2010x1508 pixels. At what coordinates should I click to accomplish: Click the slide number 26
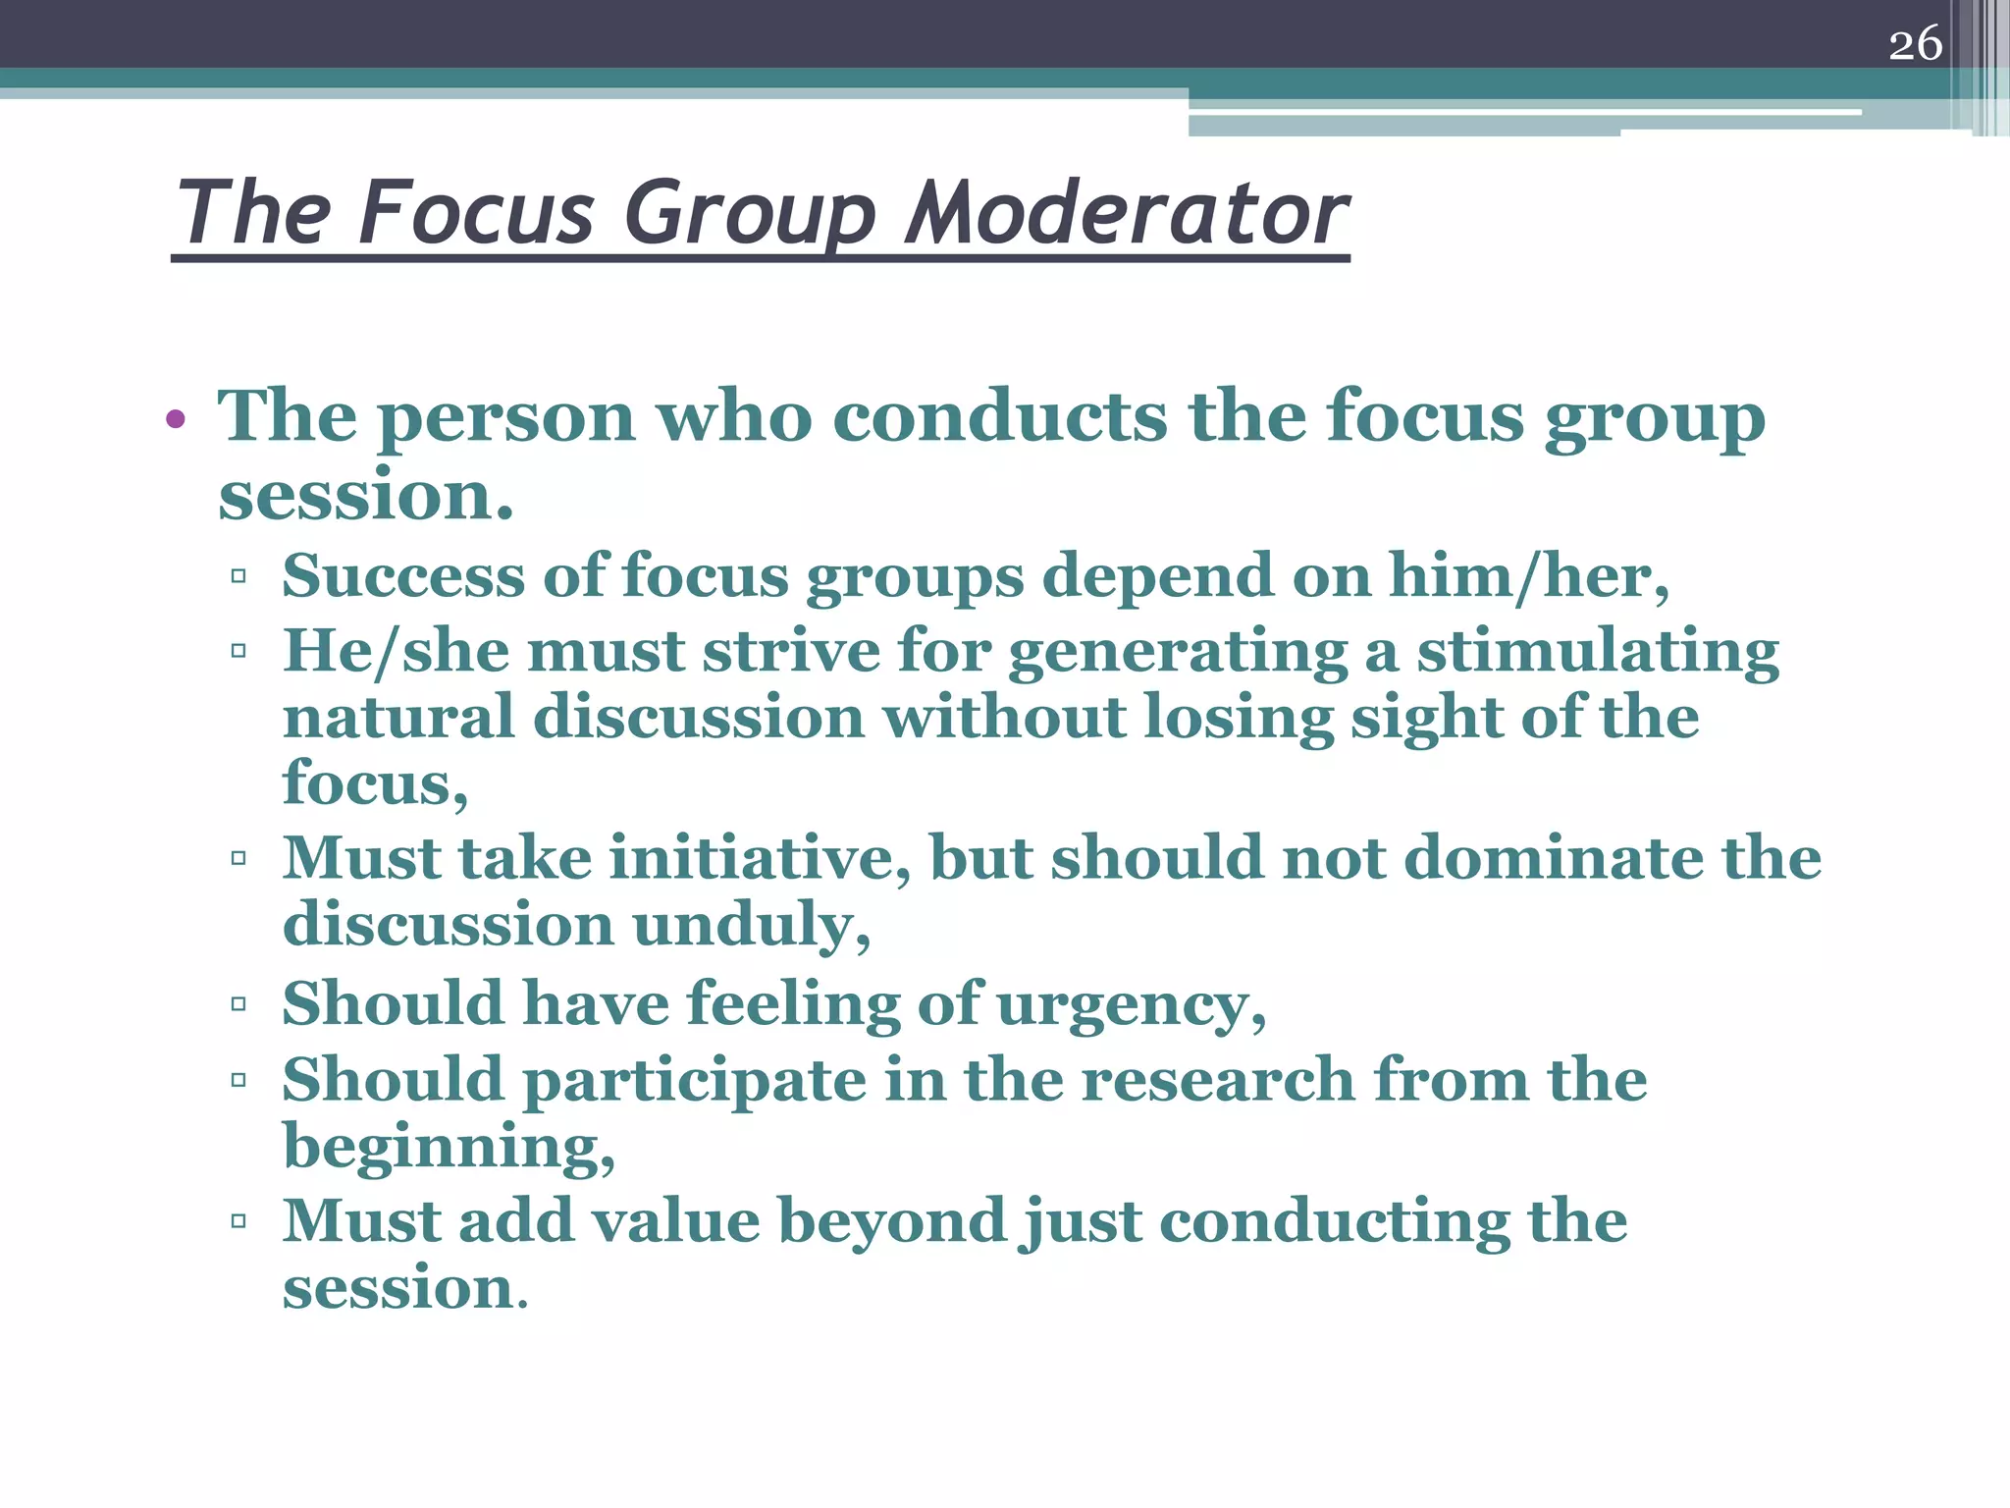[1915, 44]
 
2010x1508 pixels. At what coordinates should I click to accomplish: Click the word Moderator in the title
[1127, 213]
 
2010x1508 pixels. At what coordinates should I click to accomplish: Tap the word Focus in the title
[477, 213]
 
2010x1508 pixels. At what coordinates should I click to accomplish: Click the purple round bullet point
[176, 420]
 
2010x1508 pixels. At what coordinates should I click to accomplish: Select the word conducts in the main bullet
[1000, 417]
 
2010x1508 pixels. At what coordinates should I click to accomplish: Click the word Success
[403, 576]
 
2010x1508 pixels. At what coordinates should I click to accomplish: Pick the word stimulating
[1597, 652]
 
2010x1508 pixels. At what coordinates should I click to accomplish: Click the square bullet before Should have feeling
[238, 1004]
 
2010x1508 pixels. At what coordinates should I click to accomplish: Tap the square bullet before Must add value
[238, 1221]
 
